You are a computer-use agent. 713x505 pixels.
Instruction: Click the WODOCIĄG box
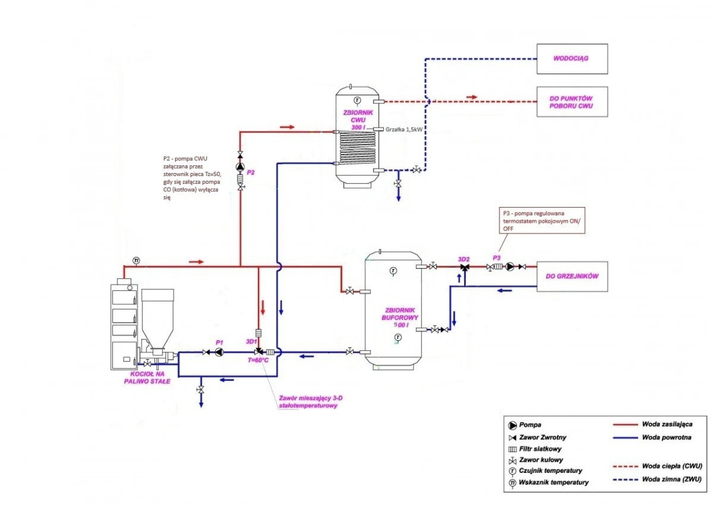click(x=571, y=59)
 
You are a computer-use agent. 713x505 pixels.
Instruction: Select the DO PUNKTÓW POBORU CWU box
click(x=571, y=102)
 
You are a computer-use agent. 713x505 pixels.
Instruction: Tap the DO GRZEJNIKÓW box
click(x=571, y=276)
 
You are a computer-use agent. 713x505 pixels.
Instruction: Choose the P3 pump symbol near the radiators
click(x=509, y=267)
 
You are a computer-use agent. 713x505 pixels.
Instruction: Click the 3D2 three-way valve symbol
click(x=465, y=268)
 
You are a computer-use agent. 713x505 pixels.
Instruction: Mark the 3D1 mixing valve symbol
click(x=258, y=352)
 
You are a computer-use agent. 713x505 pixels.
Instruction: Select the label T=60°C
click(x=258, y=360)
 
